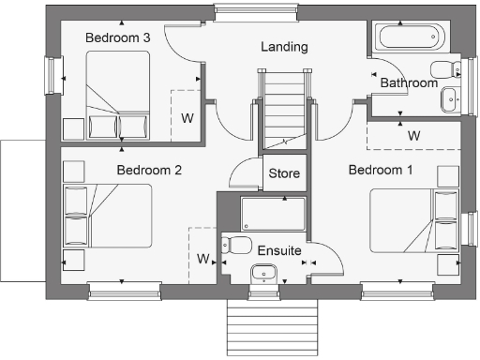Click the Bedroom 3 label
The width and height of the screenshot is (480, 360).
(x=118, y=37)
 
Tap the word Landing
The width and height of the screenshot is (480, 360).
(x=284, y=47)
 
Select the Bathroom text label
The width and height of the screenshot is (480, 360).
(x=409, y=83)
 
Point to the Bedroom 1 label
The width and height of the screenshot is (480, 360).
(x=380, y=170)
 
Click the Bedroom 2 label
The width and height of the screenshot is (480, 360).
(x=149, y=171)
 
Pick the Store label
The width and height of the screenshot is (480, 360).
(x=284, y=173)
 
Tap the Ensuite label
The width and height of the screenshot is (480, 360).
(x=279, y=251)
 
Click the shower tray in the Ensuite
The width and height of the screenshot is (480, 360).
(x=273, y=215)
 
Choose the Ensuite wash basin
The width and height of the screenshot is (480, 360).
(x=264, y=274)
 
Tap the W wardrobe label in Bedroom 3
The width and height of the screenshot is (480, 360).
(x=187, y=118)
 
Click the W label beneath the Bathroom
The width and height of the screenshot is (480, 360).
(x=413, y=136)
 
